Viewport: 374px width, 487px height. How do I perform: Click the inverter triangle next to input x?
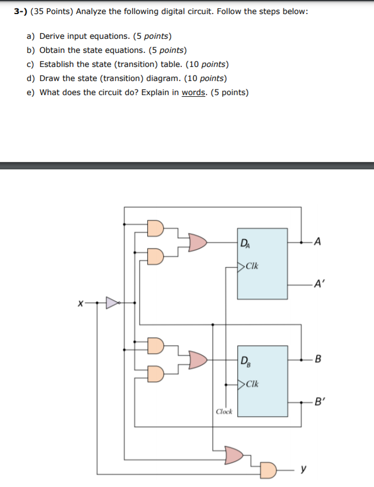[113, 304]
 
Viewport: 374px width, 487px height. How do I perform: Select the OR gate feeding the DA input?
[197, 242]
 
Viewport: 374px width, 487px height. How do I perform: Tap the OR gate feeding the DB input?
[197, 358]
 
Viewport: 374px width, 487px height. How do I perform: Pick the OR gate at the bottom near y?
[235, 454]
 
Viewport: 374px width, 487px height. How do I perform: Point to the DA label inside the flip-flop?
[245, 243]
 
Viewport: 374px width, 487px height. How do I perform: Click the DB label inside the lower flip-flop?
[246, 360]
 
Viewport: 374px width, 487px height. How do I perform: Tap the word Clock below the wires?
[224, 412]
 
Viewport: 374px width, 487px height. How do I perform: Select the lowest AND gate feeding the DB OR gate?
[156, 373]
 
